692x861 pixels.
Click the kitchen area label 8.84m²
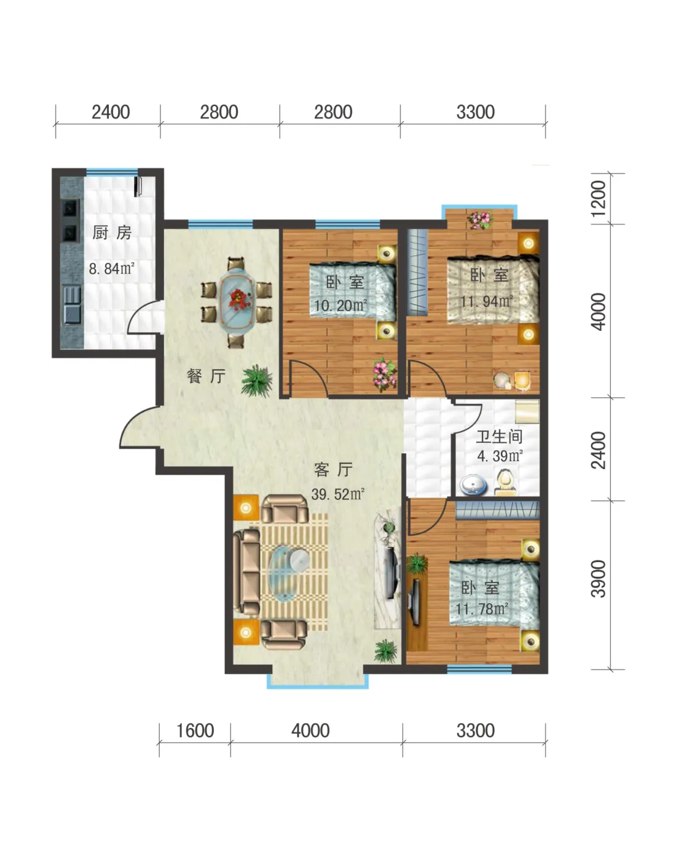pos(111,268)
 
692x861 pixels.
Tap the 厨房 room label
pos(112,232)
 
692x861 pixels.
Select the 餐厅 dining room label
pos(206,376)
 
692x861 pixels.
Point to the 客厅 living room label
pos(334,469)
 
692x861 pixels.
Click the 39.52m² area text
pos(338,494)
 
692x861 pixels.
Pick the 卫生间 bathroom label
pos(499,437)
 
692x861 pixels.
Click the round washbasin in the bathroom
pos(473,485)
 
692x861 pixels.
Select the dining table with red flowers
pos(237,300)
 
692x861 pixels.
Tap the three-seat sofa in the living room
pos(246,572)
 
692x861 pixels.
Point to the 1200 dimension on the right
pos(599,199)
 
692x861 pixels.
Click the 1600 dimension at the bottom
pos(195,731)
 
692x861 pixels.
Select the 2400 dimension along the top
pos(111,112)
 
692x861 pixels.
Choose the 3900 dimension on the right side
pos(599,579)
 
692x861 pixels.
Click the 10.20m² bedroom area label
pos(340,305)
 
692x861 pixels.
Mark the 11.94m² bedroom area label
pos(487,301)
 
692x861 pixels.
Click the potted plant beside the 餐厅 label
pos(257,381)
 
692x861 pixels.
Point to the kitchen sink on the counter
pos(73,304)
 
